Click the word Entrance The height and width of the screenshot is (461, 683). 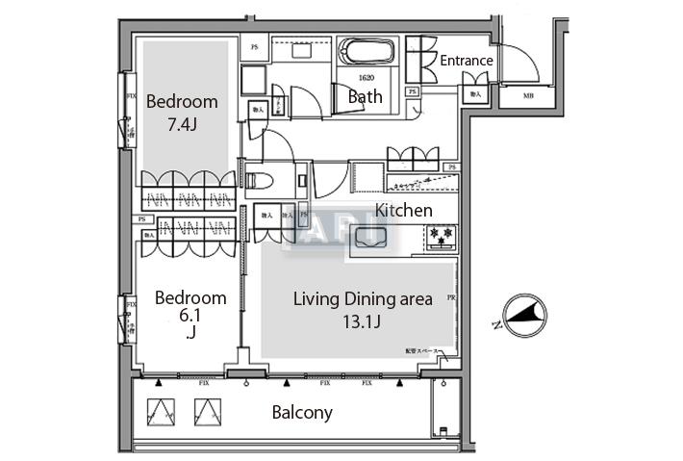(467, 61)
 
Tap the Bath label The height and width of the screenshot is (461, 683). (365, 96)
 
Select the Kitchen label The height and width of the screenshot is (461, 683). (403, 210)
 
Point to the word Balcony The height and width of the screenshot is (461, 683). (302, 413)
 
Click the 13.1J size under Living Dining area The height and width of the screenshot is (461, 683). (363, 321)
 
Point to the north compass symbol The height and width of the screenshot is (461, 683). (524, 313)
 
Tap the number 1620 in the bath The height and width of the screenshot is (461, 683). (365, 78)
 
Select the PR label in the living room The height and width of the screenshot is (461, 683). (451, 299)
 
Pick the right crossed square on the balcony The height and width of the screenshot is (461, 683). (207, 412)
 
